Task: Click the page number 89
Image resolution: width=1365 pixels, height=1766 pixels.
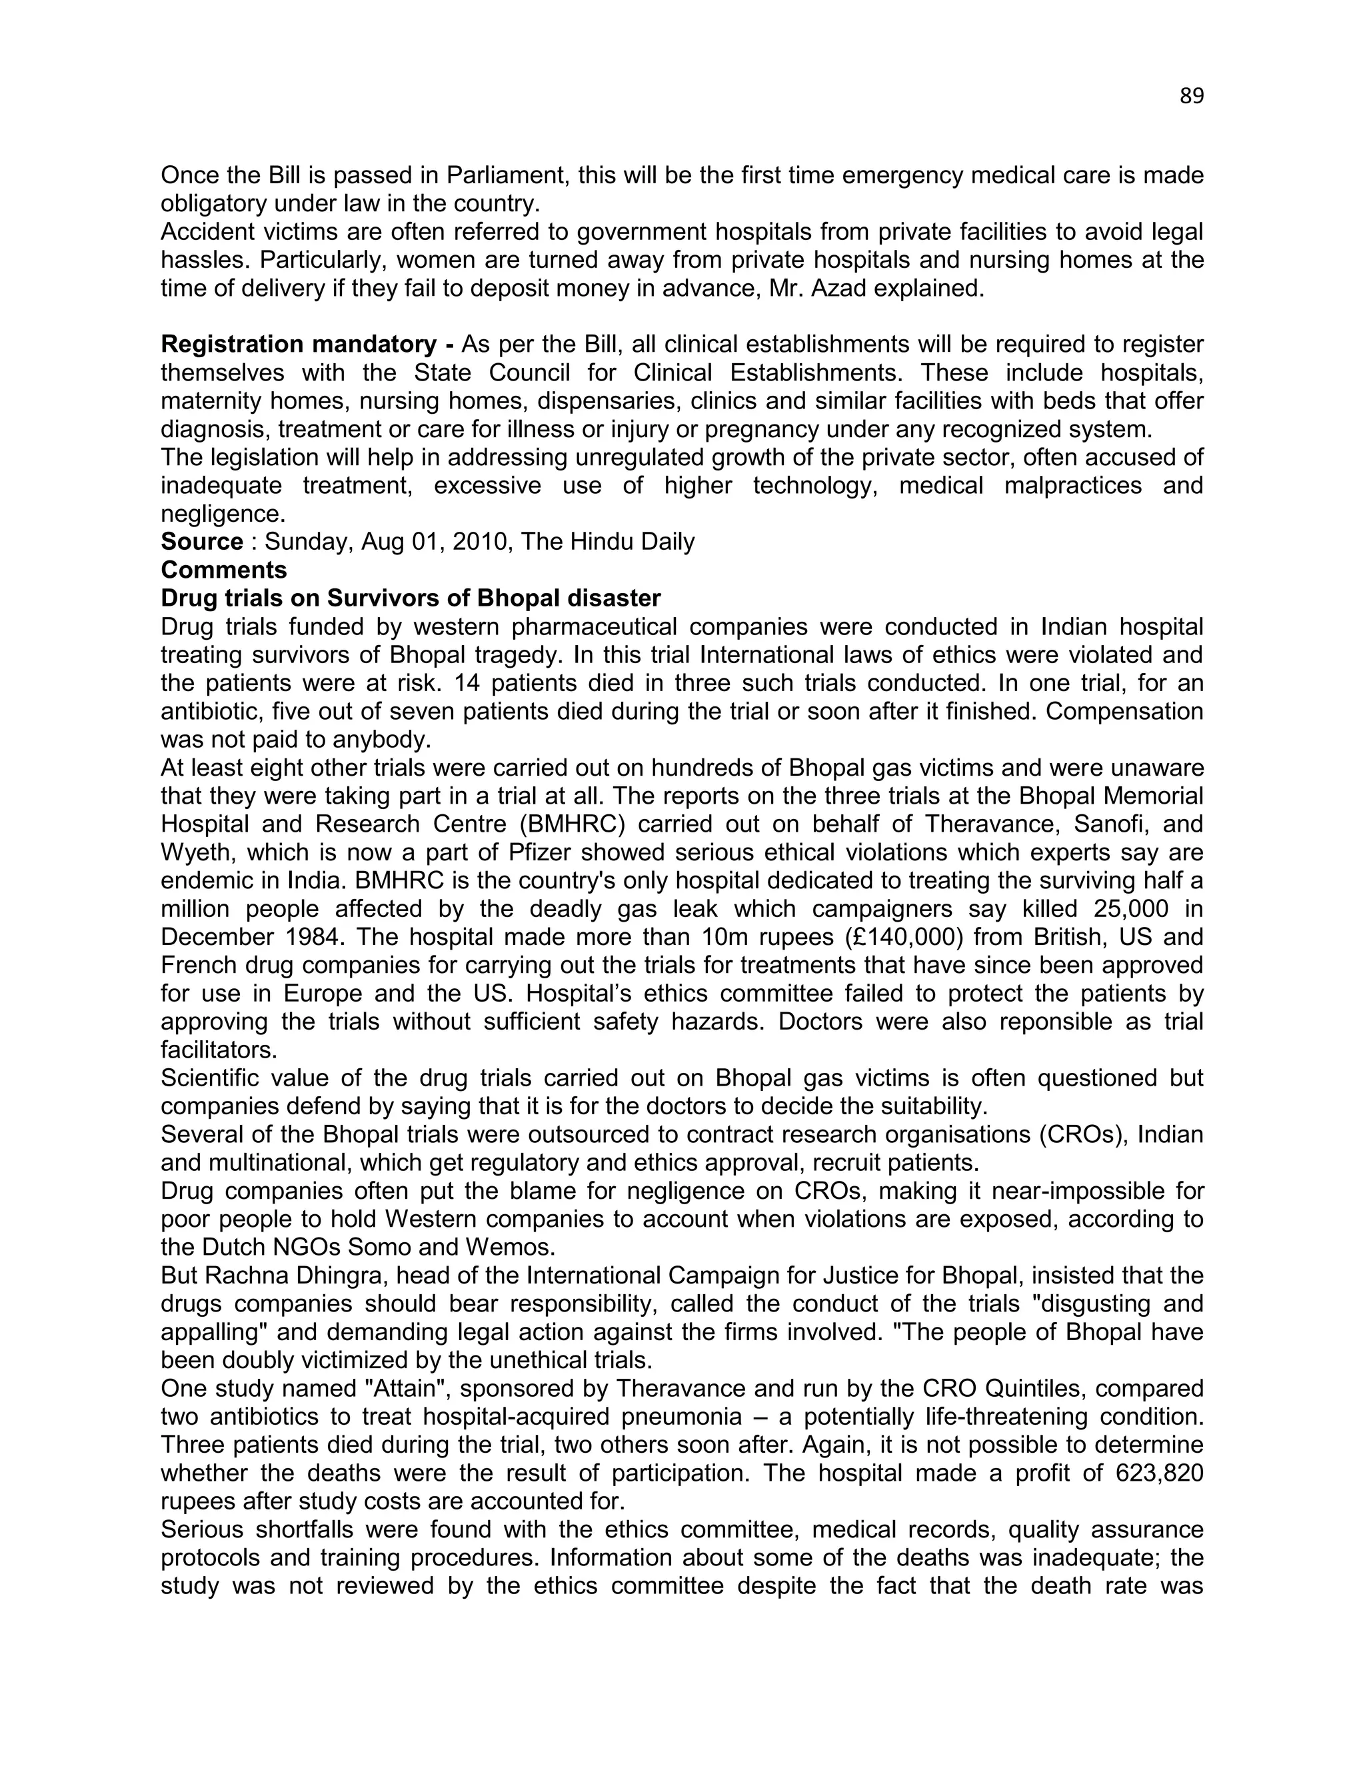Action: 1191,96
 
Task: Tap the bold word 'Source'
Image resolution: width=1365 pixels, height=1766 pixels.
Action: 201,542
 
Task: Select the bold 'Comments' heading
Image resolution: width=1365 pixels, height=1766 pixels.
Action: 224,570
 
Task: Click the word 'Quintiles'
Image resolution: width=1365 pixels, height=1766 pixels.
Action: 1043,1388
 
